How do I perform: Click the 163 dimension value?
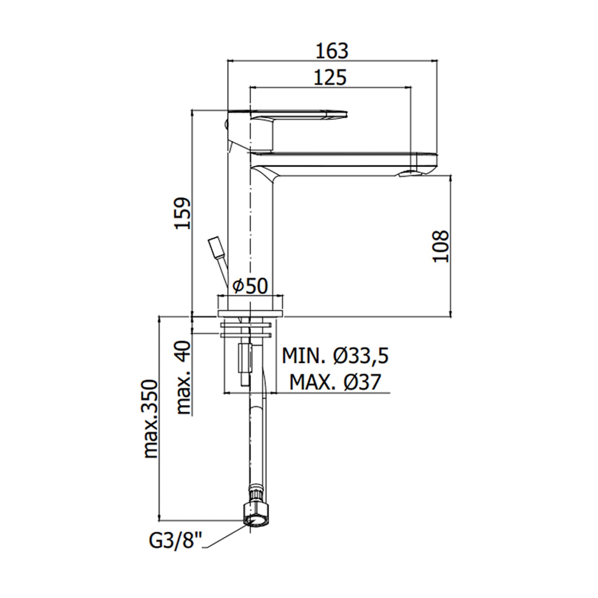click(332, 51)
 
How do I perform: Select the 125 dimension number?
click(330, 77)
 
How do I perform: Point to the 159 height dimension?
click(184, 213)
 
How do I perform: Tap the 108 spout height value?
click(441, 246)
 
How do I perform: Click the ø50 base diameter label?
click(250, 286)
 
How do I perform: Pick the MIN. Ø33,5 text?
click(335, 356)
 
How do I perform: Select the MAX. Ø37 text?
click(335, 382)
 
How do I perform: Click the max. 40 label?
click(184, 377)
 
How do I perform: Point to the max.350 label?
click(151, 419)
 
